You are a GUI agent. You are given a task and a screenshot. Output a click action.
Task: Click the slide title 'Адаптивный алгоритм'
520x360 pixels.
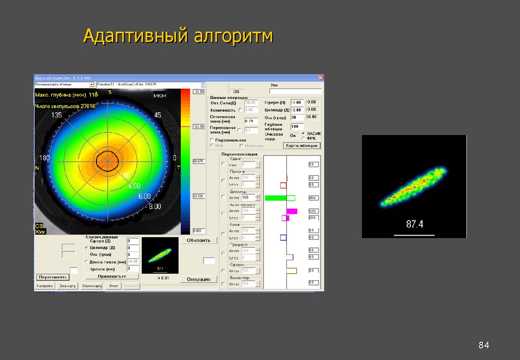tap(178, 37)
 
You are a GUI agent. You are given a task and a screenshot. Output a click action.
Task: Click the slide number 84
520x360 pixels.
tap(483, 346)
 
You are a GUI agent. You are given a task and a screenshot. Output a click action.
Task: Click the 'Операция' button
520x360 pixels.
tap(199, 279)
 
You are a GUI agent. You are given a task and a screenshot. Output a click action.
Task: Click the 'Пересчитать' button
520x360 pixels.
tap(52, 277)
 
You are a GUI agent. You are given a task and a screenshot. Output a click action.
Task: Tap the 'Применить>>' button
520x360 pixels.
tap(112, 276)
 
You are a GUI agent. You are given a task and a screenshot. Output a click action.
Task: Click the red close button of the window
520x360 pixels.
tap(320, 78)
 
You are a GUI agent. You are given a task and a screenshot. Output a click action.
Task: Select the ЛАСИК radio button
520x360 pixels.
tap(303, 133)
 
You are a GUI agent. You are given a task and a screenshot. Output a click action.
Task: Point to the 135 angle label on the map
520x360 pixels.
tap(56, 115)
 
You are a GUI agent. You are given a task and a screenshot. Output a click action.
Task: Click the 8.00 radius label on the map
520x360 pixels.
tap(154, 207)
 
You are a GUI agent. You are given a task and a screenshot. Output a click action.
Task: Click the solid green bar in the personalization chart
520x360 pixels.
tap(275, 198)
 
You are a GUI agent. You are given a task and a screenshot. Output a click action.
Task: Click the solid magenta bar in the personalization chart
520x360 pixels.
tap(291, 211)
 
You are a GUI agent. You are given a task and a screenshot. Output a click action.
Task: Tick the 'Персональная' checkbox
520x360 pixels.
tap(212, 140)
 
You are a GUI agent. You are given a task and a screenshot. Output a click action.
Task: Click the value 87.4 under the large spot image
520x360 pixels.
tap(414, 224)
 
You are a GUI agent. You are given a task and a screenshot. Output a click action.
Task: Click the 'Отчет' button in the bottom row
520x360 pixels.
tap(113, 286)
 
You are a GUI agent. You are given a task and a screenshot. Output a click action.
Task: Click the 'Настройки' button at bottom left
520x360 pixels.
tap(45, 286)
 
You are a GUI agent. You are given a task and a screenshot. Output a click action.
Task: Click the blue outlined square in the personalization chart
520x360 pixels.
tap(283, 237)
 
